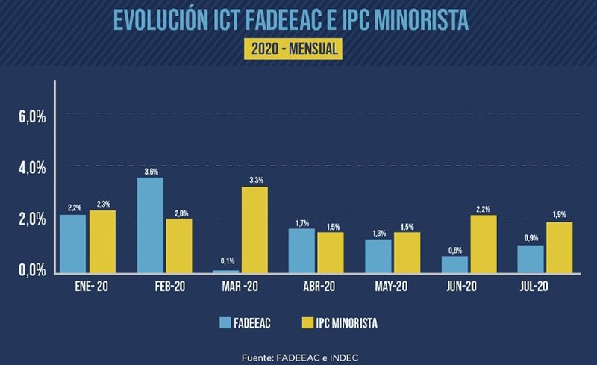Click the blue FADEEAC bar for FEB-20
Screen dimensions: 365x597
pos(150,225)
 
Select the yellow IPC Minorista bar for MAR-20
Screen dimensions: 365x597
pos(254,229)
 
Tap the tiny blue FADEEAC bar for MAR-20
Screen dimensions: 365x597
pos(227,271)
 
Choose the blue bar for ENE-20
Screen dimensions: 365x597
pos(72,243)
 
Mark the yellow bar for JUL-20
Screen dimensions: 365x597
pos(559,247)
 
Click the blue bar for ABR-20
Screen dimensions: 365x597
pos(301,250)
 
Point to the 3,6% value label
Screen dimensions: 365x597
pos(151,172)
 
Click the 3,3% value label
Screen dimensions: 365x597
pos(254,180)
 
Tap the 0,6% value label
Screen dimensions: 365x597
pos(455,250)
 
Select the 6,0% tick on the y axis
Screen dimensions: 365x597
pos(32,116)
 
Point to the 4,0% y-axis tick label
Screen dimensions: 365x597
pos(32,168)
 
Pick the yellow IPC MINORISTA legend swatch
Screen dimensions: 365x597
pos(305,323)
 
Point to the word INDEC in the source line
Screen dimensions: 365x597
pos(342,358)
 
